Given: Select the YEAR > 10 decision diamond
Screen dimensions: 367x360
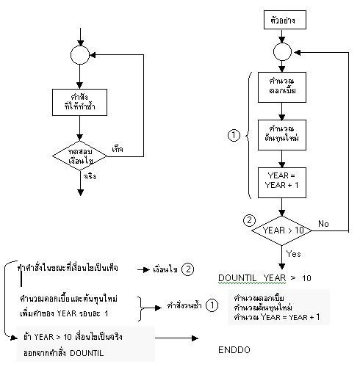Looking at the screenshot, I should point(282,230).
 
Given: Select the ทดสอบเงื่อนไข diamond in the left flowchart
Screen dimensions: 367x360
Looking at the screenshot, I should point(80,156).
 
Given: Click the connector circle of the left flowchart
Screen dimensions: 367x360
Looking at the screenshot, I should point(80,54).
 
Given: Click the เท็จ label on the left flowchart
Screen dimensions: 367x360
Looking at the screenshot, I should point(117,148).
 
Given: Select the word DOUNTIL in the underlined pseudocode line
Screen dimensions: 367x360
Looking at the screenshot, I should point(237,278).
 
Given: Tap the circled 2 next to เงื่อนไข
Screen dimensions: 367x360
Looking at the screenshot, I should point(189,269).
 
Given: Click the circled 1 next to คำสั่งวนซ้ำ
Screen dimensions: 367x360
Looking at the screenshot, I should point(211,303).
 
